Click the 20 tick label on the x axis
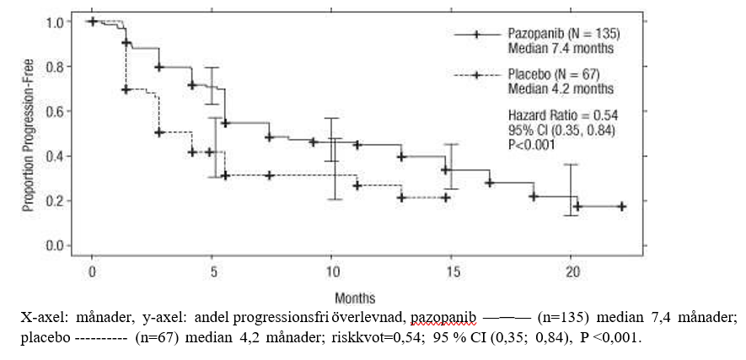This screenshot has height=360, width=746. [572, 272]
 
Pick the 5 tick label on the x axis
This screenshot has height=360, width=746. [213, 272]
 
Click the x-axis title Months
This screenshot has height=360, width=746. [355, 298]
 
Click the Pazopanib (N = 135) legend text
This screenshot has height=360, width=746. [563, 34]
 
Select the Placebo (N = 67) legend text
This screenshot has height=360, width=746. [559, 74]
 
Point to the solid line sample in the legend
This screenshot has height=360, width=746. [476, 35]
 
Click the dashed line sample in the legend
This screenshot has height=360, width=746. [476, 75]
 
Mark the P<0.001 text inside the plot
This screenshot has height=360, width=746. [531, 144]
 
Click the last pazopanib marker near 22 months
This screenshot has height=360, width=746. [621, 207]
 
